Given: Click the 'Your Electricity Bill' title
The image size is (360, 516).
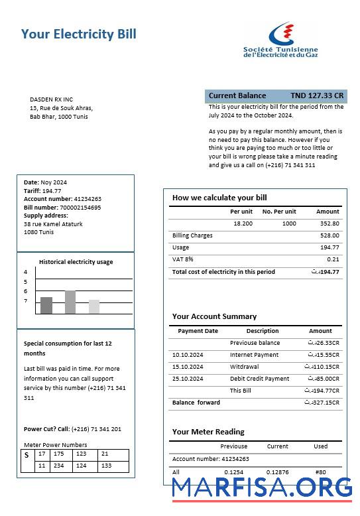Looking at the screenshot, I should point(78,34).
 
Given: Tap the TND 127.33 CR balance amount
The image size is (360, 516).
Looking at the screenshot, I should point(317,96).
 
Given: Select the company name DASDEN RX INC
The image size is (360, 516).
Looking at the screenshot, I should point(51,99).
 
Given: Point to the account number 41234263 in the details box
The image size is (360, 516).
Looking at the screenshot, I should point(87,199).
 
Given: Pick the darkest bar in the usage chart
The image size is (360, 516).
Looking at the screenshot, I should point(46,305).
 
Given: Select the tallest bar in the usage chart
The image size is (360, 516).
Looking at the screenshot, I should point(70,302).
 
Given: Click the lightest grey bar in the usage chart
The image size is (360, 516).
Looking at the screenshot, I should point(94,306).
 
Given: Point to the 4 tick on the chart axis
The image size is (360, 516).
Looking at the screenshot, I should point(26,272).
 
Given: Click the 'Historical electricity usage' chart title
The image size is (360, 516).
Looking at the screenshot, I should point(76,262).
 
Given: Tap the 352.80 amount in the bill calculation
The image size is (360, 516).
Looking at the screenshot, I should point(329,224).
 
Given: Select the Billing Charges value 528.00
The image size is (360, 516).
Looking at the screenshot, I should point(330,235).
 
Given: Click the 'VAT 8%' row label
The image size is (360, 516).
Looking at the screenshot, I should point(183,259).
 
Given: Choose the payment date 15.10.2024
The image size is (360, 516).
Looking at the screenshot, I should point(188,367).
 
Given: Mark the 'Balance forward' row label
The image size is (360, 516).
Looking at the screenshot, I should point(196,403).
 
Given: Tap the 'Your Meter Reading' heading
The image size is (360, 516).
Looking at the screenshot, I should point(208,432).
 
